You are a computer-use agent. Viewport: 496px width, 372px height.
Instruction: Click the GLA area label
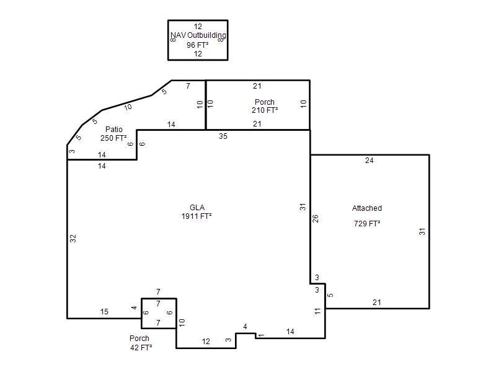pos(197,208)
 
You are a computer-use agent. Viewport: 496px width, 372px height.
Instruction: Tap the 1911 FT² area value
pos(197,216)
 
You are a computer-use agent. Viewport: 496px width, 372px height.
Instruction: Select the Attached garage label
pos(367,208)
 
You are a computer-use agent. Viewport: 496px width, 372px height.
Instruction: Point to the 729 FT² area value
pos(367,224)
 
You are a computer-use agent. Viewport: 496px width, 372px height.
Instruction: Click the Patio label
pos(114,130)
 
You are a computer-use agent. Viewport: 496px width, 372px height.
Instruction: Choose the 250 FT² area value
pos(113,138)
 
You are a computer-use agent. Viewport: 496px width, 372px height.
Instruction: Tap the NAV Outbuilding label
pos(198,35)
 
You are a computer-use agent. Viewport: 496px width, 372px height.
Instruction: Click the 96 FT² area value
pos(197,45)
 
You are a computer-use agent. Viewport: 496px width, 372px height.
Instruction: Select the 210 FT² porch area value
pos(265,110)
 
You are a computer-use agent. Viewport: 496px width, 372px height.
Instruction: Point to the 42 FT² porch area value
pos(141,348)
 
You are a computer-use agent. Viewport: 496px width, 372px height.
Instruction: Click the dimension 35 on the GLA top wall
pos(223,136)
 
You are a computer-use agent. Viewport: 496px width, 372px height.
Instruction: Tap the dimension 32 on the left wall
pos(73,239)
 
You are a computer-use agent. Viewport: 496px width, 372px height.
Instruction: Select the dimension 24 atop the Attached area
pos(369,161)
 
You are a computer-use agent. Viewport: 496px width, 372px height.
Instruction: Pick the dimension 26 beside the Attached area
pos(316,219)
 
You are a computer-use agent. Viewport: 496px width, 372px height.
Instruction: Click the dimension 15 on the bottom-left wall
pos(104,312)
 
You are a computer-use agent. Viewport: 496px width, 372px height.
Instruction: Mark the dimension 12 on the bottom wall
pos(206,342)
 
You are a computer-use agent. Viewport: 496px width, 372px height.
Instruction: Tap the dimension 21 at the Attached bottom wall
pos(377,303)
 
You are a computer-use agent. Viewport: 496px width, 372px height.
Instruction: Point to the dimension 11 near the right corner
pos(317,311)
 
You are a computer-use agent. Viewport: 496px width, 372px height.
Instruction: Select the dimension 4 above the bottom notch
pos(245,327)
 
